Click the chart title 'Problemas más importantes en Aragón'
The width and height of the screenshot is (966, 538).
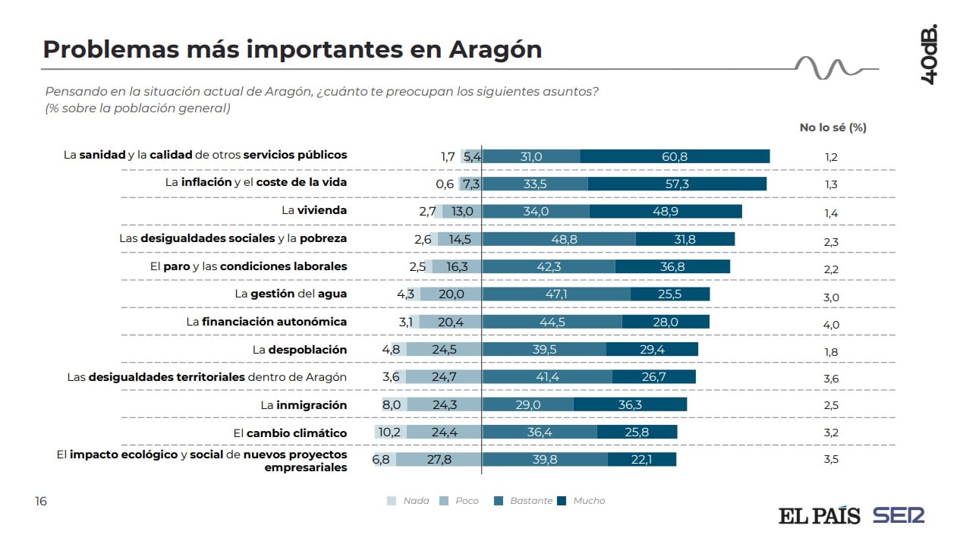pos(292,49)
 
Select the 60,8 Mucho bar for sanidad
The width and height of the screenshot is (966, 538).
pos(675,156)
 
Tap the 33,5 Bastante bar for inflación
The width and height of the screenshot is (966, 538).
pos(535,184)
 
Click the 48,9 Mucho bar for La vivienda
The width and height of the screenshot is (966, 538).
pos(665,212)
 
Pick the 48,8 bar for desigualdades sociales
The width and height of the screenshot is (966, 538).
pos(559,239)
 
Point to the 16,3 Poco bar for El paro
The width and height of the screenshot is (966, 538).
pos(457,266)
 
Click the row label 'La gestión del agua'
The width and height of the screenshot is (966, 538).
pos(291,294)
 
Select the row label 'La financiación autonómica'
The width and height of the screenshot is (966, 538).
pos(266,322)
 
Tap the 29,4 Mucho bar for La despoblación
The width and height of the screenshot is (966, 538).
pos(652,349)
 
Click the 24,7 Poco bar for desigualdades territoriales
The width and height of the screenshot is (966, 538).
pos(443,376)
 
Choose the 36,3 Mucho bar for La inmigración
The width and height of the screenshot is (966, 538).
pos(630,404)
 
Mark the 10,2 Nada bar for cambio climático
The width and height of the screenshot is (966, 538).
pos(390,433)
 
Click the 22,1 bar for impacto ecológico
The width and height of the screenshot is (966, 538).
pos(641,459)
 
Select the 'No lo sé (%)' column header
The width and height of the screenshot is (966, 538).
pos(832,127)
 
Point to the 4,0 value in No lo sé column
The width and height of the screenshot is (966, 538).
pos(831,325)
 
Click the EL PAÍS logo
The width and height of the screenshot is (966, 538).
pos(819,516)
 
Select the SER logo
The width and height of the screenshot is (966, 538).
pos(898,516)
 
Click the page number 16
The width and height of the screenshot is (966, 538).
pos(40,501)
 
